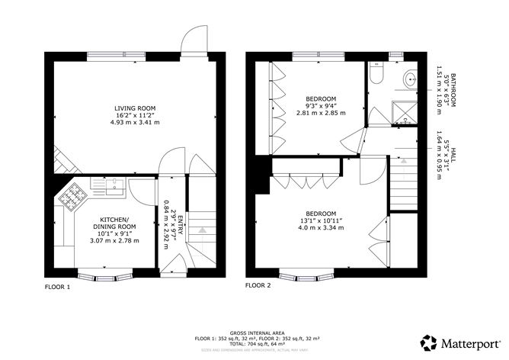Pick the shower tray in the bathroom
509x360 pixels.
403,112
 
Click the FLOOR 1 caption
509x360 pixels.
57,288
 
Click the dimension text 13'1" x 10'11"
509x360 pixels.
321,220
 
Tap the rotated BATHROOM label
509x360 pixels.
453,87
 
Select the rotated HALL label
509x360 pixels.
453,158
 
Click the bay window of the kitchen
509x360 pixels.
106,272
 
